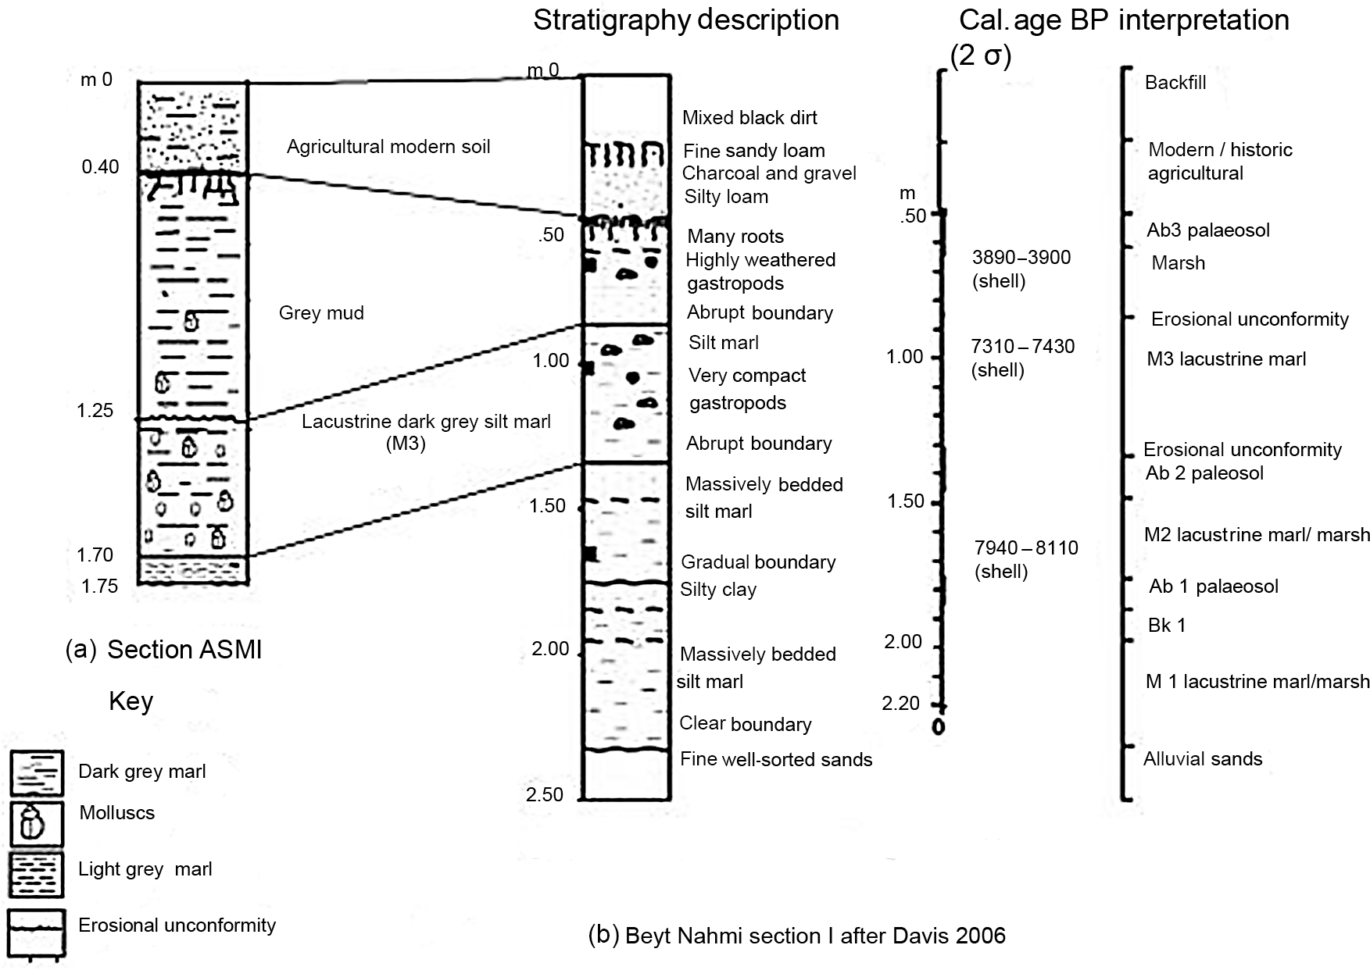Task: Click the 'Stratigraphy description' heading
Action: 686,20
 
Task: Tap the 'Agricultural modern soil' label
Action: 388,147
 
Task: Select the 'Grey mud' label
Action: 321,313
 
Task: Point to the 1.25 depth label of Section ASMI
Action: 95,410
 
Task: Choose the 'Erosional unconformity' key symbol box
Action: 36,932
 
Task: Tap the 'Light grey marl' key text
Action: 145,869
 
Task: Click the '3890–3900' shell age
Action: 1021,258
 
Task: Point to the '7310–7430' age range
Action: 1022,346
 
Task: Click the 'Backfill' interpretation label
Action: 1175,83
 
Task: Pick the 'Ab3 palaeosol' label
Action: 1208,230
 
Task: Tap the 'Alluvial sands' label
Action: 1203,758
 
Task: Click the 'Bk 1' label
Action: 1167,625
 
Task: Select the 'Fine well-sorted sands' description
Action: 776,759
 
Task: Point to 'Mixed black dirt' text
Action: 749,118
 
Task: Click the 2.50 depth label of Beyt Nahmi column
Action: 545,794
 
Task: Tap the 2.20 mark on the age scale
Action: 901,704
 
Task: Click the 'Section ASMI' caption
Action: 184,650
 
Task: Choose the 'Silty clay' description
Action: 718,590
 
